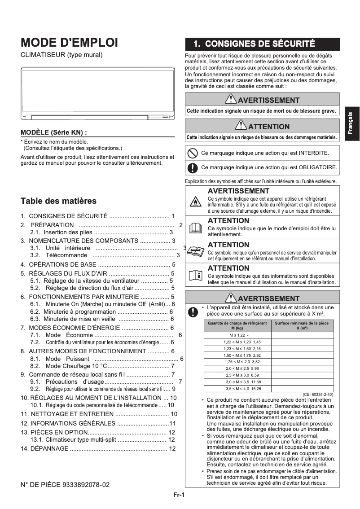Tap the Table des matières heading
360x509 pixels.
tap(58, 201)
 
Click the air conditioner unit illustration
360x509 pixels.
tap(97, 93)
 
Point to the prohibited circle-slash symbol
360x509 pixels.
tap(192, 153)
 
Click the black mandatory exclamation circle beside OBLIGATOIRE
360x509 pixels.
tap(192, 168)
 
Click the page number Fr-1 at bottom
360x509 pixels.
tap(180, 495)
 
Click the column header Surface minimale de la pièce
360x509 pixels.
tap(301, 325)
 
